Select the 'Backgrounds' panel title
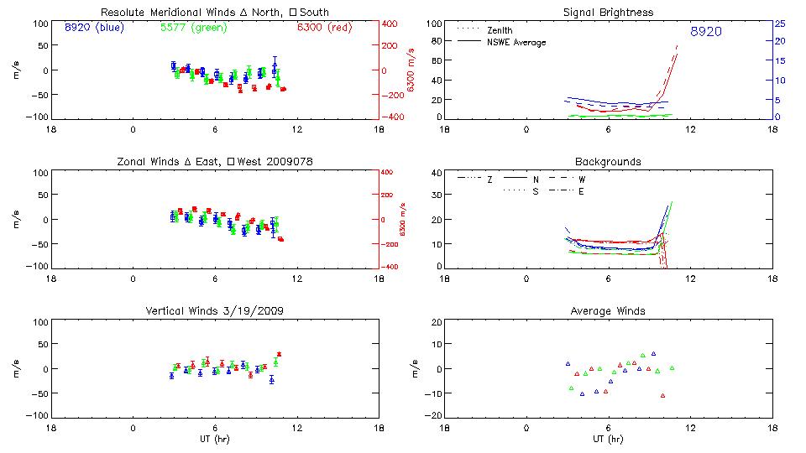coord(608,161)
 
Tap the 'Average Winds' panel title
coord(608,311)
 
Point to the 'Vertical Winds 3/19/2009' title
coord(215,311)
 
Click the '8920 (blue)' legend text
coord(92,28)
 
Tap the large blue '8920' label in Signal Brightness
coord(705,32)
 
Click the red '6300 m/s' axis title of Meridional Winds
coord(411,70)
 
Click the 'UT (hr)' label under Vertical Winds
coord(215,439)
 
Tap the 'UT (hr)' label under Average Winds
coord(608,439)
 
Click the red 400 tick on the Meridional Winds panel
coord(390,23)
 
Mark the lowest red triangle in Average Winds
coord(662,395)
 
